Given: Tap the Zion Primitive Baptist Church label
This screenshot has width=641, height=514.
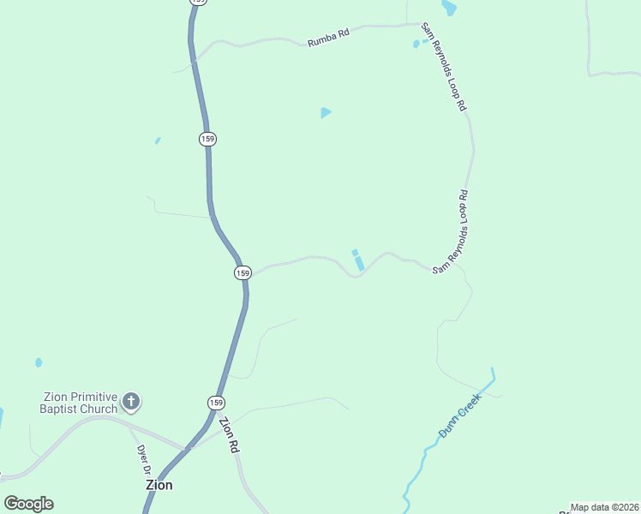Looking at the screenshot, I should (x=81, y=402).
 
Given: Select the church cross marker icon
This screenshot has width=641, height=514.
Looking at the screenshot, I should (x=131, y=400).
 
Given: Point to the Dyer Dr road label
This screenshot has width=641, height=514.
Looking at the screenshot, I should (x=144, y=460).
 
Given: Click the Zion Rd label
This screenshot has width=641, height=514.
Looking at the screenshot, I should (x=228, y=434).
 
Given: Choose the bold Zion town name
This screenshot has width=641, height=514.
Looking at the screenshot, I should (x=159, y=485).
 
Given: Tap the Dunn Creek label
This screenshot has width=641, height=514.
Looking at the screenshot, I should (x=461, y=422).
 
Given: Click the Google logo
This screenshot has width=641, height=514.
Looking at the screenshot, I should (x=28, y=504).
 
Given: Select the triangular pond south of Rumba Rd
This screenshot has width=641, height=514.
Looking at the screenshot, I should (x=325, y=112).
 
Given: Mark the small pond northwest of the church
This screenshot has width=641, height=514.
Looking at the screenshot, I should (x=39, y=362).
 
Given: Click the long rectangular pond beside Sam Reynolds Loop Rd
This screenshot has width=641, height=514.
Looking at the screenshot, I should (x=359, y=263).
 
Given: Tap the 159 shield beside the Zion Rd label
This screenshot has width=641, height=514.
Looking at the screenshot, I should (x=216, y=403).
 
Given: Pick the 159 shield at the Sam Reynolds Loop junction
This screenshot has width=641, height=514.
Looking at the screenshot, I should (x=243, y=272).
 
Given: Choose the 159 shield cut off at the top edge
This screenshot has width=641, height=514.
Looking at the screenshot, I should (x=199, y=3).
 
